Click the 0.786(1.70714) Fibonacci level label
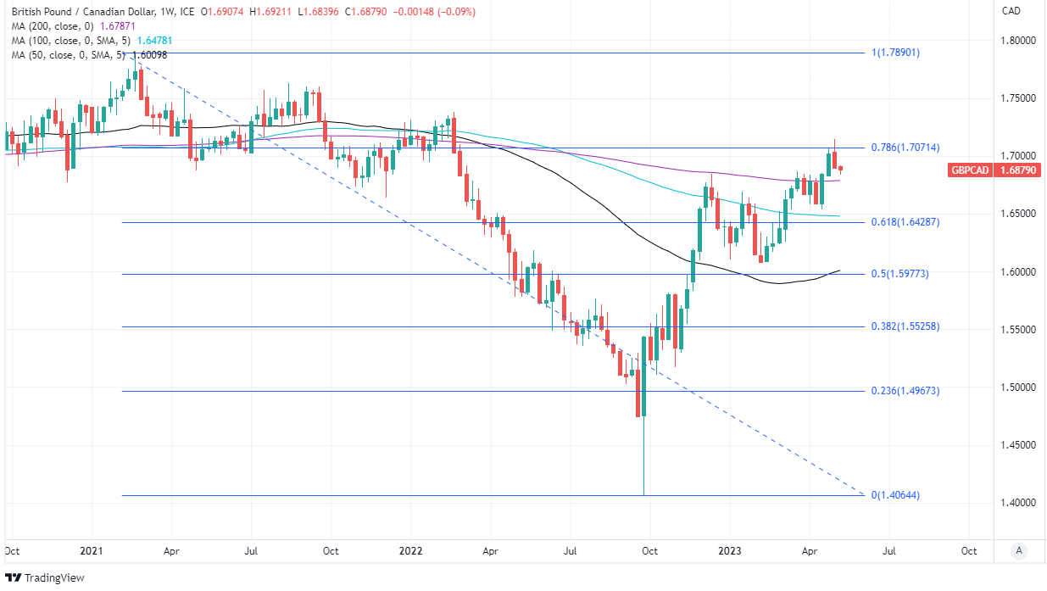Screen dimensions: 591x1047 pyautogui.click(x=905, y=148)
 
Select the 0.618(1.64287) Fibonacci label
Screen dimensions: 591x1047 pyautogui.click(x=905, y=222)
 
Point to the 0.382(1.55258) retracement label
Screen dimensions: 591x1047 pyautogui.click(x=905, y=326)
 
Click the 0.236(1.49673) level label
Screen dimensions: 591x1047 pyautogui.click(x=905, y=391)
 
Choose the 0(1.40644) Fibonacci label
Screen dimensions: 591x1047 pyautogui.click(x=896, y=495)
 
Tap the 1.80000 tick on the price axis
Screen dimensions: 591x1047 pyautogui.click(x=1020, y=41)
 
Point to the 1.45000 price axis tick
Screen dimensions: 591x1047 pyautogui.click(x=1020, y=445)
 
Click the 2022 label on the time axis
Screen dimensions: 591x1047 pyautogui.click(x=410, y=550)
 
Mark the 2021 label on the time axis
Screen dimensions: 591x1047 pyautogui.click(x=91, y=550)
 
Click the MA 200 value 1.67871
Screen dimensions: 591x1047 pyautogui.click(x=119, y=26)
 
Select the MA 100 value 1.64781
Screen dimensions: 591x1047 pyautogui.click(x=156, y=41)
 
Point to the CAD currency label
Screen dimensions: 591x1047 pyautogui.click(x=1011, y=11)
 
